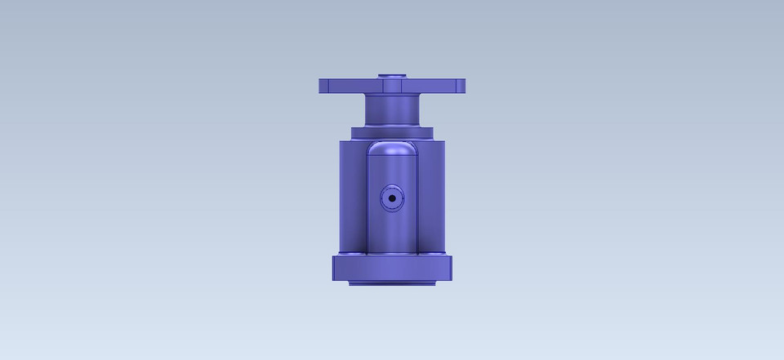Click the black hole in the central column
(x=392, y=198)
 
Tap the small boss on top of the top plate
(x=393, y=76)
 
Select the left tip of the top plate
(x=321, y=85)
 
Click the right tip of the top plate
(x=463, y=85)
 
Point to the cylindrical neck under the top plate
(x=392, y=110)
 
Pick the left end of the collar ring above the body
(x=354, y=132)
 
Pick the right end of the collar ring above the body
(x=430, y=132)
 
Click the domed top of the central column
(x=392, y=148)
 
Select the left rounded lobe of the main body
(x=351, y=196)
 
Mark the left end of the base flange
(x=335, y=268)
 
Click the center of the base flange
(x=392, y=268)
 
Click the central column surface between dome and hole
(x=392, y=171)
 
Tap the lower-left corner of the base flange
(x=334, y=279)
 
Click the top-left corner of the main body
(x=340, y=140)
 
